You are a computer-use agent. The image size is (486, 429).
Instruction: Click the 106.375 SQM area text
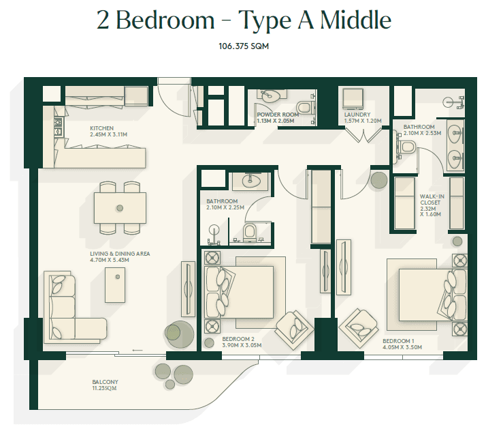pos(244,46)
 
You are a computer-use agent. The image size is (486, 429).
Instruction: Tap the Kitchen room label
pos(108,132)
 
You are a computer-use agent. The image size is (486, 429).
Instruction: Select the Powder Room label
pos(278,118)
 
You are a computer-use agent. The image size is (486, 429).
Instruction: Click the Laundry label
pos(363,118)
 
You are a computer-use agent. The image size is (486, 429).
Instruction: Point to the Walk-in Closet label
pos(432,205)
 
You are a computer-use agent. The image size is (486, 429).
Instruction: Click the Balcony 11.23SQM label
pos(105,385)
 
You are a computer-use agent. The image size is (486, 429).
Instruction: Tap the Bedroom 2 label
pos(242,342)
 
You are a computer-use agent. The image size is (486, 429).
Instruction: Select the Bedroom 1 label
pos(402,344)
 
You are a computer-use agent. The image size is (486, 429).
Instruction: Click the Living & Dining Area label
pos(120,257)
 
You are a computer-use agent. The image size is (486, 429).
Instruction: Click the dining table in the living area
pos(120,208)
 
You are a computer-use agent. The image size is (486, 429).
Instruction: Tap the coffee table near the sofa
pos(115,285)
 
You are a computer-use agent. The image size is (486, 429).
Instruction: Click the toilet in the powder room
pos(304,108)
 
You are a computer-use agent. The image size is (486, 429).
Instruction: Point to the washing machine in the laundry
pos(353,98)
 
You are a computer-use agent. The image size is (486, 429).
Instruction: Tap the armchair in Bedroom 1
pos(358,328)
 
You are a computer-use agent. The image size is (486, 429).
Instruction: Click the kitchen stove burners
pos(59,127)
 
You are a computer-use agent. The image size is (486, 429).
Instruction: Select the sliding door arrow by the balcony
pos(137,350)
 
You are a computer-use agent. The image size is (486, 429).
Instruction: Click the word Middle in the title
pos(355,20)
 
